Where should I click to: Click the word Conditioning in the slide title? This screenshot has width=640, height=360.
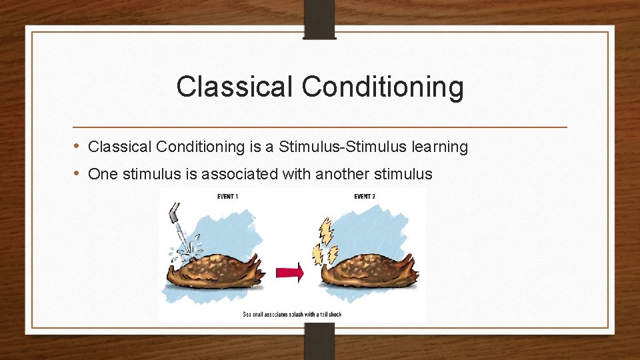383,87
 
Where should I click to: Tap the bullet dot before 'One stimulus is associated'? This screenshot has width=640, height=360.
77,173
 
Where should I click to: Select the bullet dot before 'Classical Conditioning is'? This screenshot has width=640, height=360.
77,146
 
